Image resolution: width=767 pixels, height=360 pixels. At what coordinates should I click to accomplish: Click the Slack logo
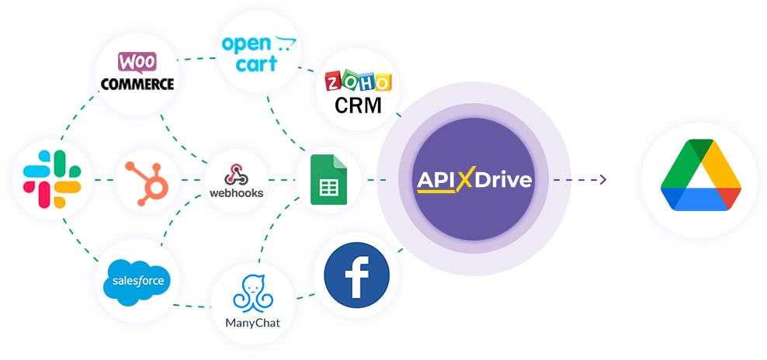pos(52,179)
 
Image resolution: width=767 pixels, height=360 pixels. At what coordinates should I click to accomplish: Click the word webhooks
pos(236,192)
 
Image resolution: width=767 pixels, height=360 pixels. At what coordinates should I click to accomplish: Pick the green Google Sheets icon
pos(328,179)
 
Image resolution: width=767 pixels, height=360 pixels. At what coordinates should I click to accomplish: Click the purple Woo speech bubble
pos(137,63)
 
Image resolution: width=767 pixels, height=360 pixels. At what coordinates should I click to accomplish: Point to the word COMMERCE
pos(137,84)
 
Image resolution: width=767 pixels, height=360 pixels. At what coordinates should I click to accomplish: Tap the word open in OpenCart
pos(246,45)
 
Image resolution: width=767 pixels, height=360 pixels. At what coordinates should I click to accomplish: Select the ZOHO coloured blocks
pos(359,81)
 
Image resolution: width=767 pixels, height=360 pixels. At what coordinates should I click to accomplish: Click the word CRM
pos(358,106)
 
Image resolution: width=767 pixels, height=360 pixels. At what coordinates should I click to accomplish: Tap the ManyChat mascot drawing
pos(252,294)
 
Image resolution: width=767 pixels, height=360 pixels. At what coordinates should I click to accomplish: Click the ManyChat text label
pos(253,323)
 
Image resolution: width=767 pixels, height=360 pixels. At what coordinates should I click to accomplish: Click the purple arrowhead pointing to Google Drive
pos(602,179)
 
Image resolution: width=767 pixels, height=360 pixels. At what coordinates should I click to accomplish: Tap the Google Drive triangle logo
pos(701,175)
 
